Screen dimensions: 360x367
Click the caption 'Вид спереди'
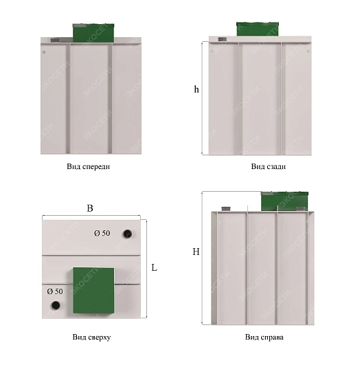pos(88,166)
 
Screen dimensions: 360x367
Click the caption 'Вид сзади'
pos(269,166)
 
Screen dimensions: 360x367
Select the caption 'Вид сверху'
pos(91,337)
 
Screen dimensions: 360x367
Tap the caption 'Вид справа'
pos(264,337)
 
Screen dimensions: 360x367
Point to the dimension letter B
pos(90,208)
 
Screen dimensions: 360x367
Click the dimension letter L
pos(154,267)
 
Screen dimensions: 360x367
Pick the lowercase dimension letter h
pos(196,89)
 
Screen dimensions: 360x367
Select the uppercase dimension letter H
pos(196,252)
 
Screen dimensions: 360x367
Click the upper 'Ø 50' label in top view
pos(102,233)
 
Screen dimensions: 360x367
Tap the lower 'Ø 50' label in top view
pos(55,291)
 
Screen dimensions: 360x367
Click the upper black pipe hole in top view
pos(127,234)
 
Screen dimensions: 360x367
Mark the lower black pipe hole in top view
pos(56,305)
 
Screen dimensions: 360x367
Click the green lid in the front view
pos(93,33)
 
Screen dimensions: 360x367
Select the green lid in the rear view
pos(258,29)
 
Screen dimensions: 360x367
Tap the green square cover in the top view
pos(93,291)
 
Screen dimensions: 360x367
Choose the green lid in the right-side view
pos(284,201)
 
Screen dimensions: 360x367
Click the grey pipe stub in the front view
pos(54,41)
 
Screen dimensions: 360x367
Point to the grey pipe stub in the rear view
pos(222,39)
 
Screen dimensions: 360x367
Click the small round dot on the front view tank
pos(44,52)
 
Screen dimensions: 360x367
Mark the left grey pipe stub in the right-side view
pos(226,208)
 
